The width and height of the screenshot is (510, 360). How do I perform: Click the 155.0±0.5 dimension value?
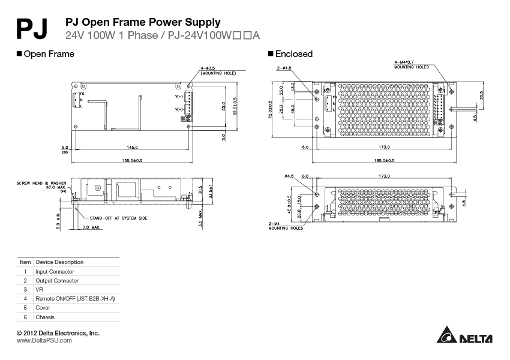132,160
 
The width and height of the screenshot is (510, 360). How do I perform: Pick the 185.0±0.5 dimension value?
385,160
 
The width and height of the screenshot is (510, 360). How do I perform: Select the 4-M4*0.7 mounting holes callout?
411,64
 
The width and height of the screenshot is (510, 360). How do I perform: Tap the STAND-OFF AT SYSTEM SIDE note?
118,218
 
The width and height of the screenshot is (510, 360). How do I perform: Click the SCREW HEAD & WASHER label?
41,182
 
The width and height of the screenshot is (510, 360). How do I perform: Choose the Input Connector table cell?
55,271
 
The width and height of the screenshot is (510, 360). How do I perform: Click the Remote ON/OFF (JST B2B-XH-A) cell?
75,298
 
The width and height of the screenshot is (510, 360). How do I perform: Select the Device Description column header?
59,262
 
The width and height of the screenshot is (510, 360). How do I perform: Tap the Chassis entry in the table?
45,317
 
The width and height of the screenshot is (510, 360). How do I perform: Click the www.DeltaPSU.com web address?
44,340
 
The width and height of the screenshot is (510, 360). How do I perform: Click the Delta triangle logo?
447,337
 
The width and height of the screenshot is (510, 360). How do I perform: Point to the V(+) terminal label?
179,109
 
